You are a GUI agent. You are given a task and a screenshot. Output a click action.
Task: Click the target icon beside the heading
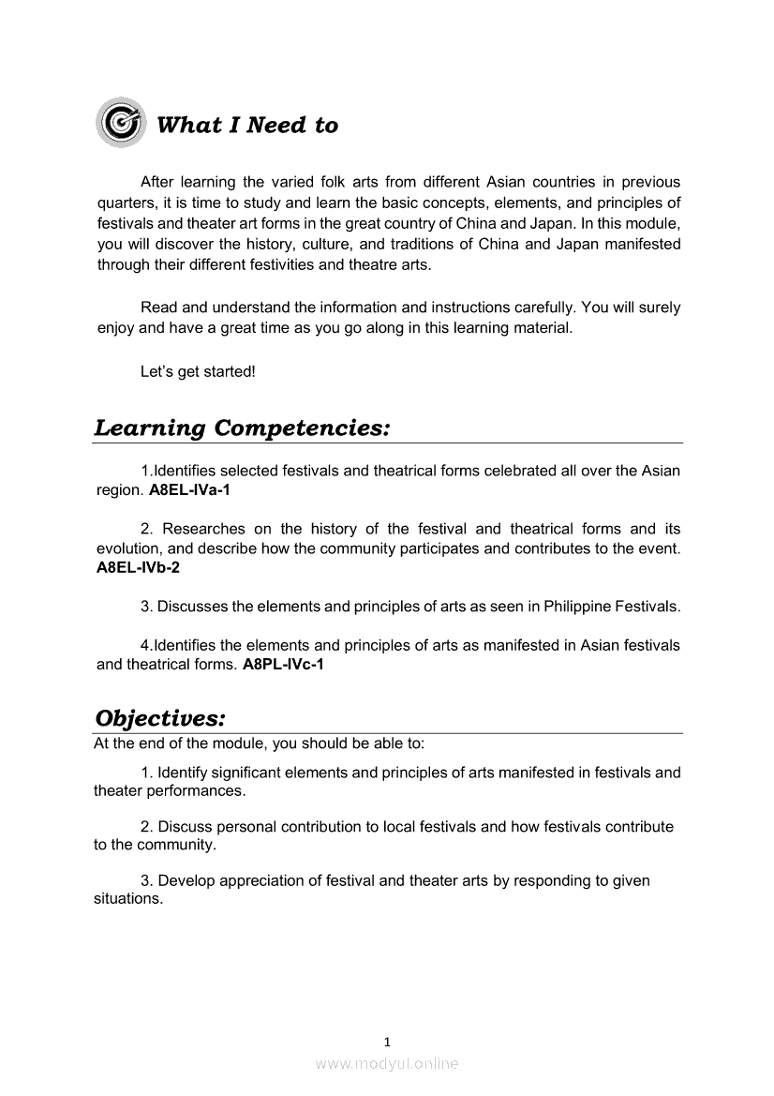(x=121, y=123)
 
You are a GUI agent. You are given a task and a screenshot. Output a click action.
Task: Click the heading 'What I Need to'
(x=247, y=126)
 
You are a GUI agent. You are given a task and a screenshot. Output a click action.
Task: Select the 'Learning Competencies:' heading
(x=242, y=428)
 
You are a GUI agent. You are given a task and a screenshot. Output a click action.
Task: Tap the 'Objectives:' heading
(x=160, y=718)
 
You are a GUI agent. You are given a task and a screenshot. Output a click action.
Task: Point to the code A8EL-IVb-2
(x=139, y=567)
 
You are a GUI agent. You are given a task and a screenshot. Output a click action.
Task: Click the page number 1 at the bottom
(x=387, y=1042)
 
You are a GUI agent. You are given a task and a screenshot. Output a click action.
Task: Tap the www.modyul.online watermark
(x=387, y=1063)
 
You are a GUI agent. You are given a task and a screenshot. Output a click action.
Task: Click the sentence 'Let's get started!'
(x=198, y=371)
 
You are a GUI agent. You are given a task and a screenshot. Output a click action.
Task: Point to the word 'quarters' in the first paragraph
(x=127, y=203)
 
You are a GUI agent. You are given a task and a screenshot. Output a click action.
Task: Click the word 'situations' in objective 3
(x=127, y=898)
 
